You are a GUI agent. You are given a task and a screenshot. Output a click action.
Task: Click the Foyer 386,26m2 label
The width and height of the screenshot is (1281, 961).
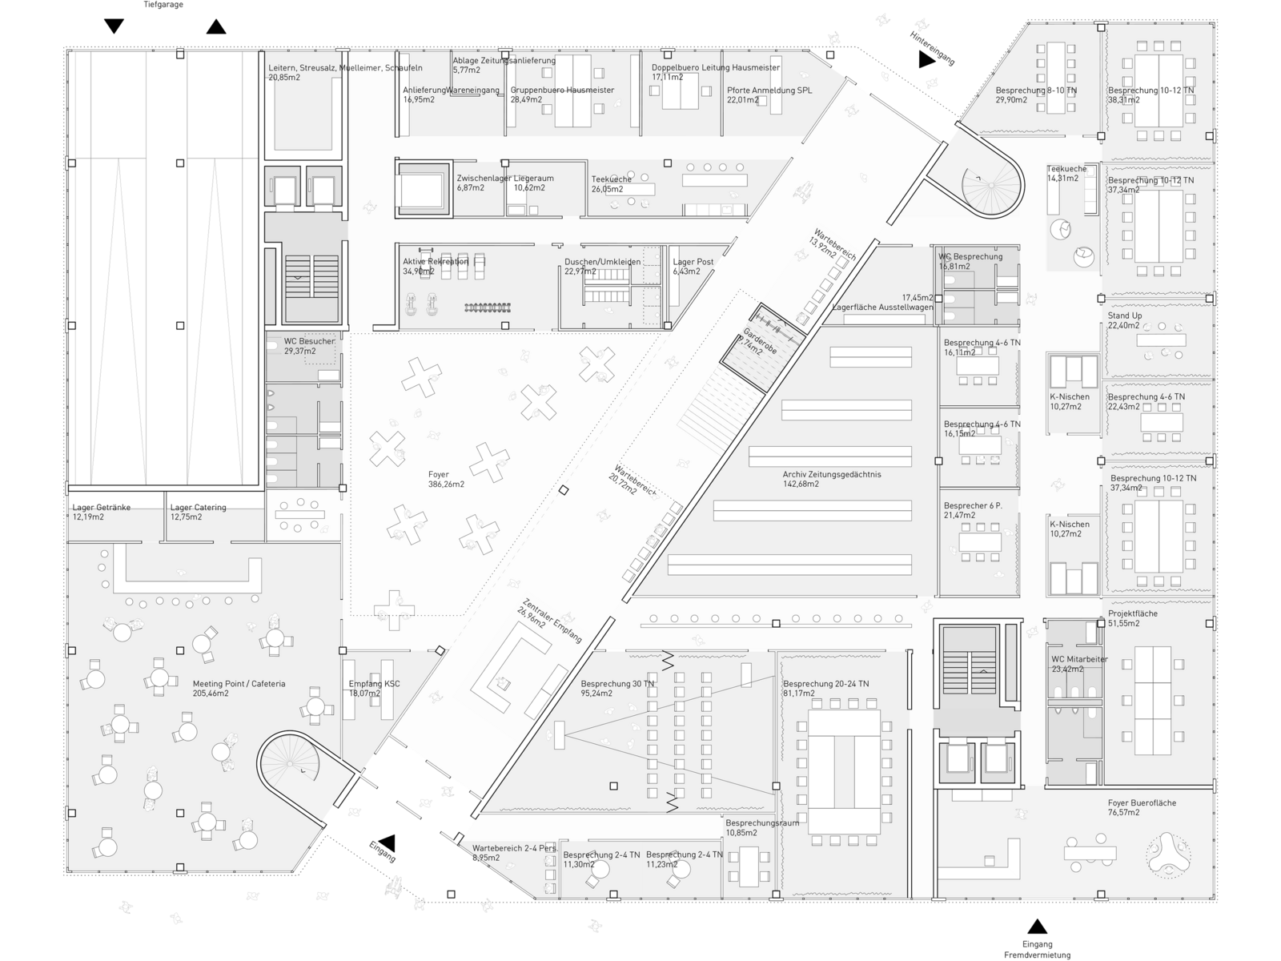coord(446,480)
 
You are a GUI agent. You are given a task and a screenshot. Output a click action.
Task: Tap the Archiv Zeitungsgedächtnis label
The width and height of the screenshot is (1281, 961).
coord(831,479)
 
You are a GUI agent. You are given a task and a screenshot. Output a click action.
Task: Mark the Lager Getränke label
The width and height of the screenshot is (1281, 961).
coord(101,512)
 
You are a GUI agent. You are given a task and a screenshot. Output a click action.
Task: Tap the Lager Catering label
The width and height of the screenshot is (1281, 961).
coord(198,512)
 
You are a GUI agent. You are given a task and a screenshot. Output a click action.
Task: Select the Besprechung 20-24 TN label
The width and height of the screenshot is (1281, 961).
coord(825,689)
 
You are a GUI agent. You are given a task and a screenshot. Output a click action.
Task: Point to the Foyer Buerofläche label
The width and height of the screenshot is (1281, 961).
coord(1142,807)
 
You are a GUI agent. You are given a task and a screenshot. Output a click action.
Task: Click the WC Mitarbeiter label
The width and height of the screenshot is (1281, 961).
coord(1078,664)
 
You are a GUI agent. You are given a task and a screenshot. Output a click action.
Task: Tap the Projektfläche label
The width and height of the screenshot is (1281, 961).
coord(1132,618)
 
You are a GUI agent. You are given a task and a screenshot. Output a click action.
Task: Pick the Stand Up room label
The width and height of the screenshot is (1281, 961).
coord(1125,320)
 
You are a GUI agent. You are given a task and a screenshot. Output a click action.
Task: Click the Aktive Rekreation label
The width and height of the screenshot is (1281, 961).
coord(435,267)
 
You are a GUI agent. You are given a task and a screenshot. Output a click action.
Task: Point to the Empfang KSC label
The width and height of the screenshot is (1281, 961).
coord(374,689)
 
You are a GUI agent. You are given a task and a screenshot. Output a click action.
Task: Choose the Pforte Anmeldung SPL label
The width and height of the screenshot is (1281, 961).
coord(769,95)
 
